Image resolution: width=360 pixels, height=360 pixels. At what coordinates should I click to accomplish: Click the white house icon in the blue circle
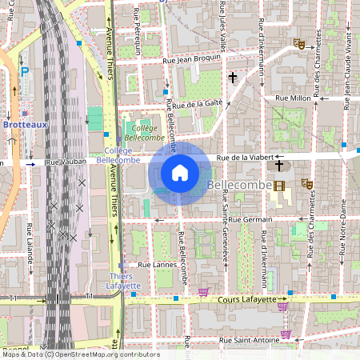tap(180, 173)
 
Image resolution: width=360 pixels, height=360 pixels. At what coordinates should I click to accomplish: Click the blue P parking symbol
tap(24, 71)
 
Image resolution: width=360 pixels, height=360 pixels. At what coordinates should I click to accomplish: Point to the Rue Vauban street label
tap(64, 162)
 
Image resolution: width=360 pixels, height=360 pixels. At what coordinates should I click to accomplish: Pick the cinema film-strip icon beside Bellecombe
tap(278, 186)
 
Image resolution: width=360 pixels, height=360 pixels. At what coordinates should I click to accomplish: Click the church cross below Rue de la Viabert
tap(278, 166)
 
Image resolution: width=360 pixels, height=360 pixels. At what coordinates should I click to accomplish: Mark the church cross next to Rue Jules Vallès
tap(233, 78)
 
